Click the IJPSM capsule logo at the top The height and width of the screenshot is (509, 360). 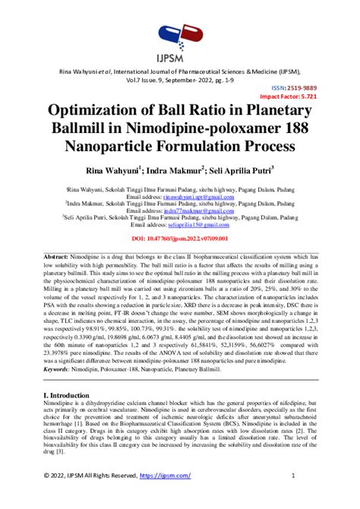[179, 35]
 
